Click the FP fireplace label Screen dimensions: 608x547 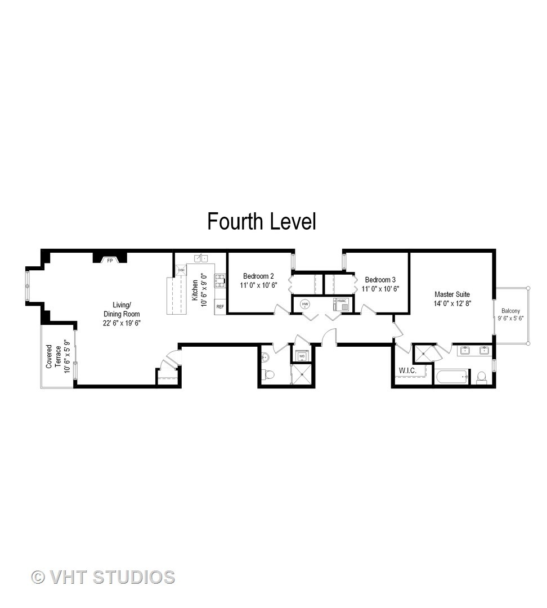(110, 260)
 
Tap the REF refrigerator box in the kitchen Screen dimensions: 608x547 (220, 307)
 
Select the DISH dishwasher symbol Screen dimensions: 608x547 (181, 270)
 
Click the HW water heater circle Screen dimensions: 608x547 (306, 304)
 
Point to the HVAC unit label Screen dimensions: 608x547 (342, 302)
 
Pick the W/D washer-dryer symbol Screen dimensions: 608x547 (302, 356)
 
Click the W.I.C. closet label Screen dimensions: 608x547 (407, 370)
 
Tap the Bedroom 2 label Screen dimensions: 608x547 (258, 276)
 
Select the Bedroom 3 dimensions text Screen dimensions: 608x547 (380, 288)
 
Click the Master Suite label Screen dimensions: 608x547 (452, 294)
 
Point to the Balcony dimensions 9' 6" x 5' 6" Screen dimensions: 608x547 (511, 318)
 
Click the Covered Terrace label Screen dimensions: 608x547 (53, 356)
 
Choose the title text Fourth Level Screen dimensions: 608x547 (262, 221)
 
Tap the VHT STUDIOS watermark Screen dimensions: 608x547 (103, 576)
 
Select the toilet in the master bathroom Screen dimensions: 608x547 (482, 377)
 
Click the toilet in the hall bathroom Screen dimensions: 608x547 (269, 374)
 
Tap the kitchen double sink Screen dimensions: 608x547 (201, 258)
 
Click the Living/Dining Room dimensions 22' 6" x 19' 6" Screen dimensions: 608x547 (122, 323)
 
